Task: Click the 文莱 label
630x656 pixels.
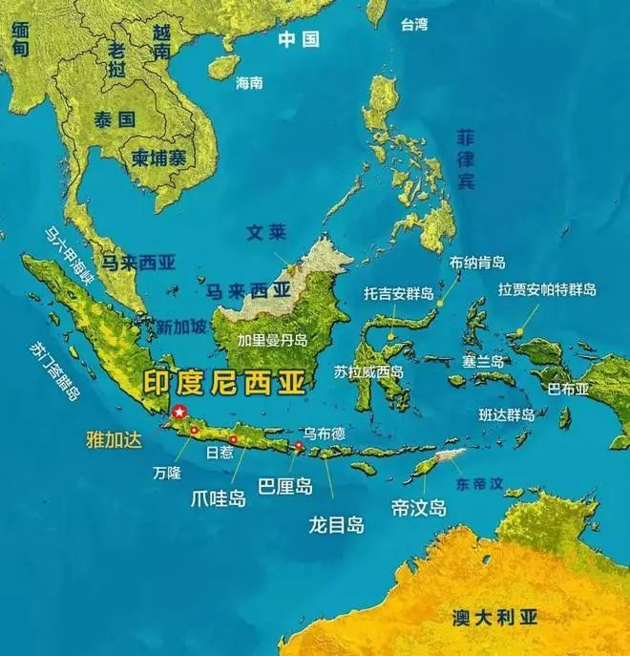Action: point(266,232)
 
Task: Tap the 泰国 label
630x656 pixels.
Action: point(112,119)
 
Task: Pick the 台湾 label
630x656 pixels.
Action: point(414,22)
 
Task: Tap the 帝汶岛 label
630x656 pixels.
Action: point(419,506)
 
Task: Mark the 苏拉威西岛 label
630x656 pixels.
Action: point(369,371)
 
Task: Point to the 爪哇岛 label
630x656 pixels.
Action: point(219,497)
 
